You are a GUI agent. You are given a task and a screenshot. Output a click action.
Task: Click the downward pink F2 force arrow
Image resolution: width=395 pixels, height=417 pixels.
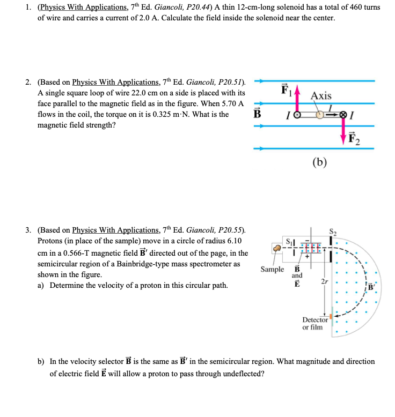click(343, 128)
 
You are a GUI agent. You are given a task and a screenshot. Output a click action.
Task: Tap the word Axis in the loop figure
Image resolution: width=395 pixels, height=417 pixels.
click(321, 95)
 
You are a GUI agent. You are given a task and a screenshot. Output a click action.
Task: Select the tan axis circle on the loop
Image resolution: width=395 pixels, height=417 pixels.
click(320, 114)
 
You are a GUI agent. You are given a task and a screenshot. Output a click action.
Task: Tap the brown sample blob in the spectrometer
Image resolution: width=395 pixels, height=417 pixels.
click(277, 248)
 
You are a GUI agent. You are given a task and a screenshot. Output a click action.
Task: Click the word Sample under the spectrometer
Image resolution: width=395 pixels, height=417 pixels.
click(272, 269)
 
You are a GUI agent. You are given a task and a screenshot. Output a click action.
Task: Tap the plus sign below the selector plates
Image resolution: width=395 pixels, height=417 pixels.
click(308, 257)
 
